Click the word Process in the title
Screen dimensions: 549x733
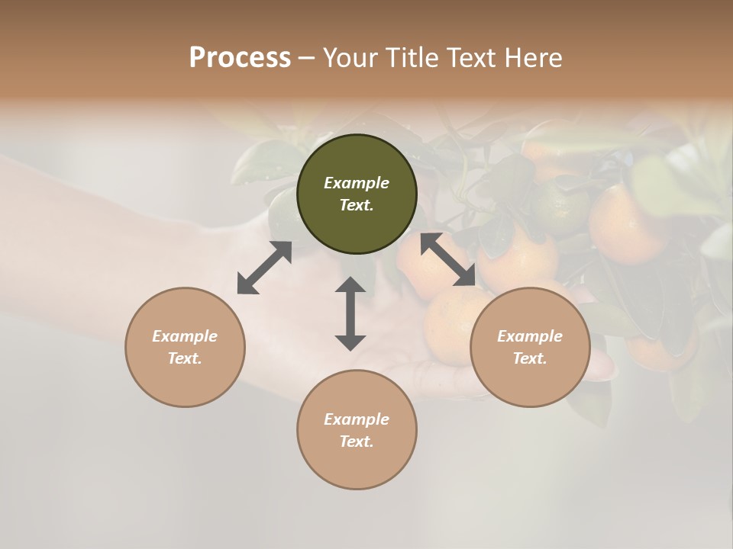pyautogui.click(x=240, y=58)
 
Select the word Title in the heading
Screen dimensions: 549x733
pyautogui.click(x=415, y=58)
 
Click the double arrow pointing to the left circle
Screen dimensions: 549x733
pyautogui.click(x=264, y=268)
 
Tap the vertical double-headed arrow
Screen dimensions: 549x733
pyautogui.click(x=350, y=313)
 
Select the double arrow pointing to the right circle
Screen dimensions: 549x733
pyautogui.click(x=448, y=259)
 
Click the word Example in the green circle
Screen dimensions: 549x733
pyautogui.click(x=357, y=183)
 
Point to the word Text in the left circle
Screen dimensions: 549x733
pyautogui.click(x=185, y=358)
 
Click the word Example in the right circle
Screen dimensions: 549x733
pyautogui.click(x=530, y=336)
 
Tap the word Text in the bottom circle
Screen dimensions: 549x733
pyautogui.click(x=357, y=441)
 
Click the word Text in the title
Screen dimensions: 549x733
pyautogui.click(x=475, y=58)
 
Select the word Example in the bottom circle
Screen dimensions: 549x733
pyautogui.click(x=357, y=419)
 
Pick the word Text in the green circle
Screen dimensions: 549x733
pyautogui.click(x=357, y=205)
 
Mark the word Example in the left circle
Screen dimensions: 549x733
pyautogui.click(x=185, y=336)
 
